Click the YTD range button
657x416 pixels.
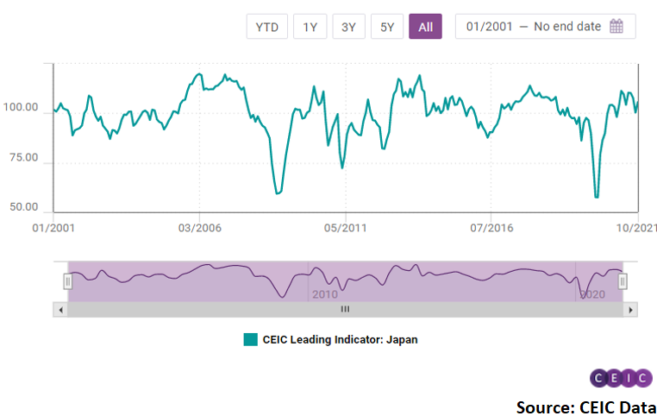267,27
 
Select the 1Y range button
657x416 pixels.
310,27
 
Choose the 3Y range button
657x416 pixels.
348,27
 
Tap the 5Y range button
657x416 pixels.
387,27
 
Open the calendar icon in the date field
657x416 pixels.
616,27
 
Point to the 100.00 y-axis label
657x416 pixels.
21,109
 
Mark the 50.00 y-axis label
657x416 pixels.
23,208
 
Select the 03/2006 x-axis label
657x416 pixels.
200,228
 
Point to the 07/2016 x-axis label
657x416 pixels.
490,228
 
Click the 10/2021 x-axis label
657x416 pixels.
637,228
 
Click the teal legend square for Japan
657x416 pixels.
251,340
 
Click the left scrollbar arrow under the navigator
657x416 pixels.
59,309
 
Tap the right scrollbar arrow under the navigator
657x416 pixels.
630,309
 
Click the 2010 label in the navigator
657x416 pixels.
324,294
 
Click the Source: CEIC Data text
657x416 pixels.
586,406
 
